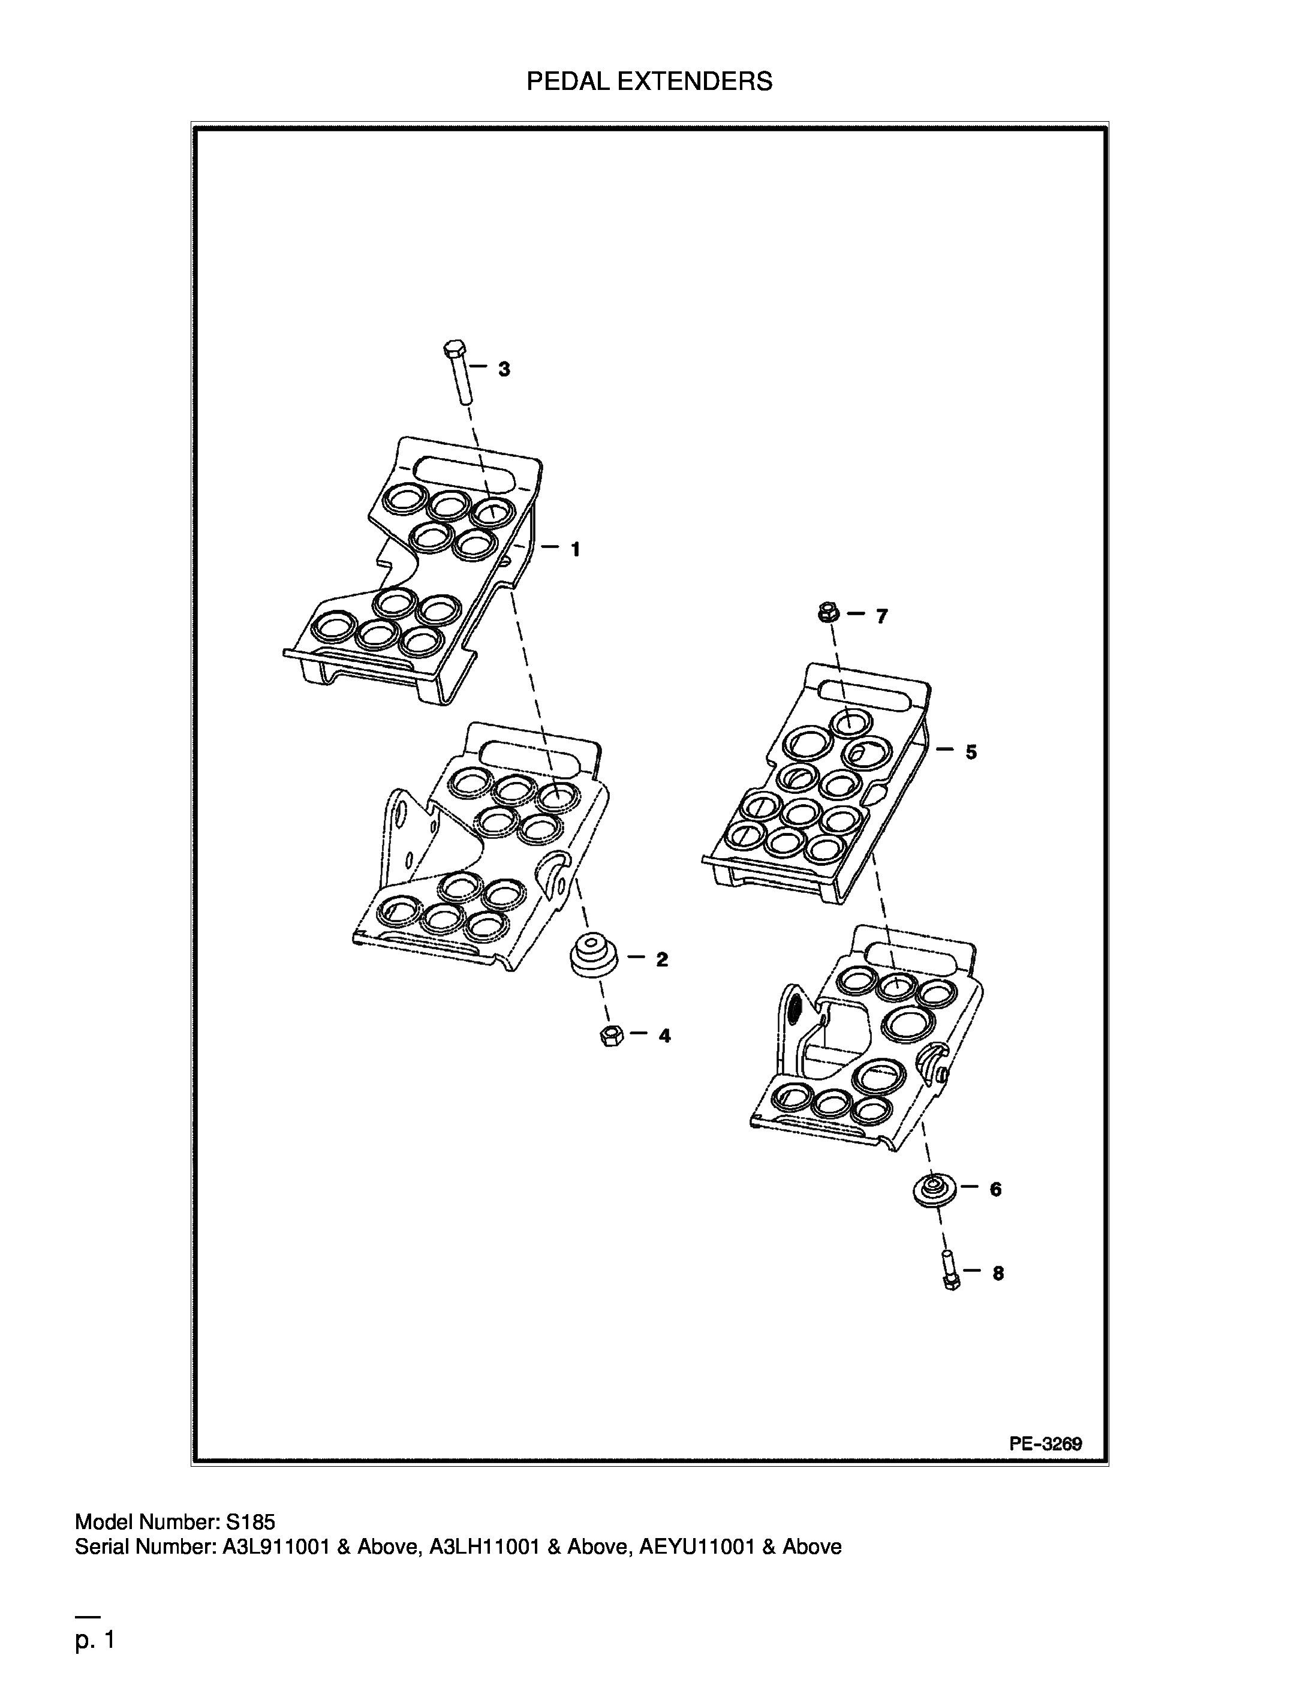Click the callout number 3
(504, 369)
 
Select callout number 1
(574, 549)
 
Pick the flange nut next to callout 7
(829, 614)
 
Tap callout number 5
(971, 752)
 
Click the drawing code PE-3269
(1045, 1444)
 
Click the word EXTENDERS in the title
(696, 81)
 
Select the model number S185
(249, 1522)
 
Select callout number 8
(998, 1274)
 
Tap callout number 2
(661, 959)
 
